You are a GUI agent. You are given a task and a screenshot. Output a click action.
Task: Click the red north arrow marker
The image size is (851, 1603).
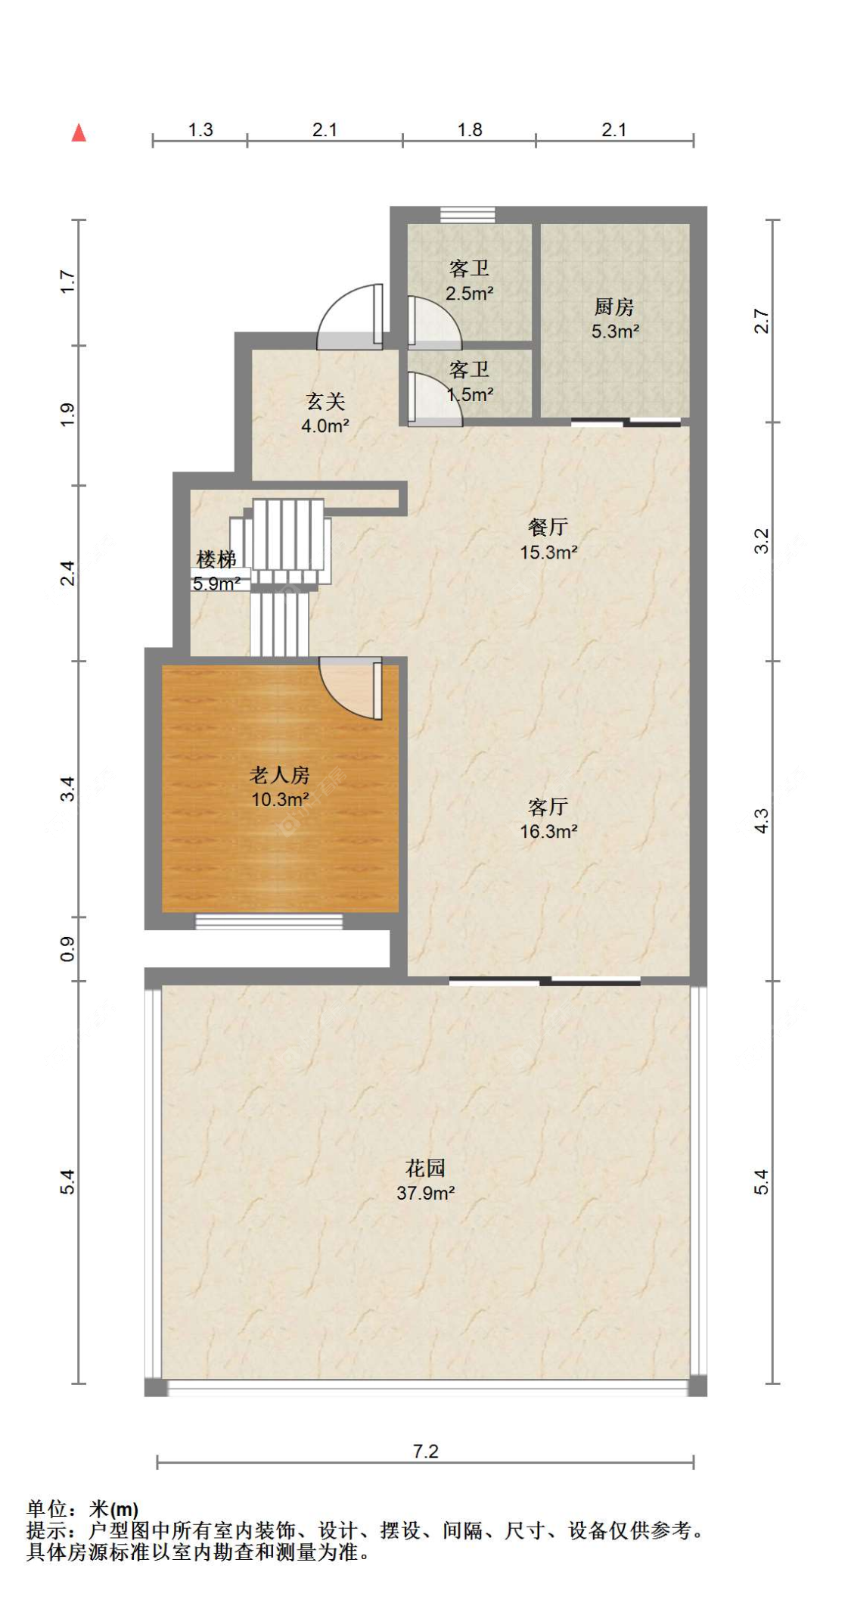(x=79, y=132)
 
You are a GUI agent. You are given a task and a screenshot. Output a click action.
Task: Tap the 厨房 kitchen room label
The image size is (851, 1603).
(x=613, y=307)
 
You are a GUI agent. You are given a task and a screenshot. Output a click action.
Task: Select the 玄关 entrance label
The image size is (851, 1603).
(x=325, y=401)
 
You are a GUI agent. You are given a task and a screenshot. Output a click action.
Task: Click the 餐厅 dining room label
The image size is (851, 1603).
(x=548, y=527)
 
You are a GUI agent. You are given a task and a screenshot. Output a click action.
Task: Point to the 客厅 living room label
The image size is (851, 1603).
(x=548, y=806)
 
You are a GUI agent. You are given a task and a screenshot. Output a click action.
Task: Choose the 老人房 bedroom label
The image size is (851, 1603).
(x=280, y=774)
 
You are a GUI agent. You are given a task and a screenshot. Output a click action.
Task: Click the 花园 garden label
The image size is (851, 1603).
(x=425, y=1168)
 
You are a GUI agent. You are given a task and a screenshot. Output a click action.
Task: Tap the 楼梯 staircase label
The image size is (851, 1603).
(x=216, y=559)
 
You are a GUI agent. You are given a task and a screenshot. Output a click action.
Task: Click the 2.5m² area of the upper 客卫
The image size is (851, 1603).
(x=469, y=293)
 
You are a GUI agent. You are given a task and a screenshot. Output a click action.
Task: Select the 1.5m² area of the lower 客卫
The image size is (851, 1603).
(x=470, y=394)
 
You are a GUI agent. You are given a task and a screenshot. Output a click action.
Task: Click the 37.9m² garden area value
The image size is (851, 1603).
(x=425, y=1193)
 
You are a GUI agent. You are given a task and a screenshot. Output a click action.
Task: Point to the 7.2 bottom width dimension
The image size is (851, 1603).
(x=425, y=1451)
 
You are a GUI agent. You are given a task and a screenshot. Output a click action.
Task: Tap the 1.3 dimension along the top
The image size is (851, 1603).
(x=200, y=129)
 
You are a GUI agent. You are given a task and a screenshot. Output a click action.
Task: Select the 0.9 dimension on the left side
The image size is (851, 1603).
(x=67, y=949)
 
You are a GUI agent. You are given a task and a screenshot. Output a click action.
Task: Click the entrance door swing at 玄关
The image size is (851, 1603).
(x=350, y=317)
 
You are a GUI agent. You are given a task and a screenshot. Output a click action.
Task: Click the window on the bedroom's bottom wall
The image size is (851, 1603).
(x=269, y=921)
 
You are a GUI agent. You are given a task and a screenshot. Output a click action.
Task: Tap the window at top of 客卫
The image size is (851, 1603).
(x=467, y=215)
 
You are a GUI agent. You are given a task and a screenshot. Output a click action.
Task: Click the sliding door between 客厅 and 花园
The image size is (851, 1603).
(x=545, y=982)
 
